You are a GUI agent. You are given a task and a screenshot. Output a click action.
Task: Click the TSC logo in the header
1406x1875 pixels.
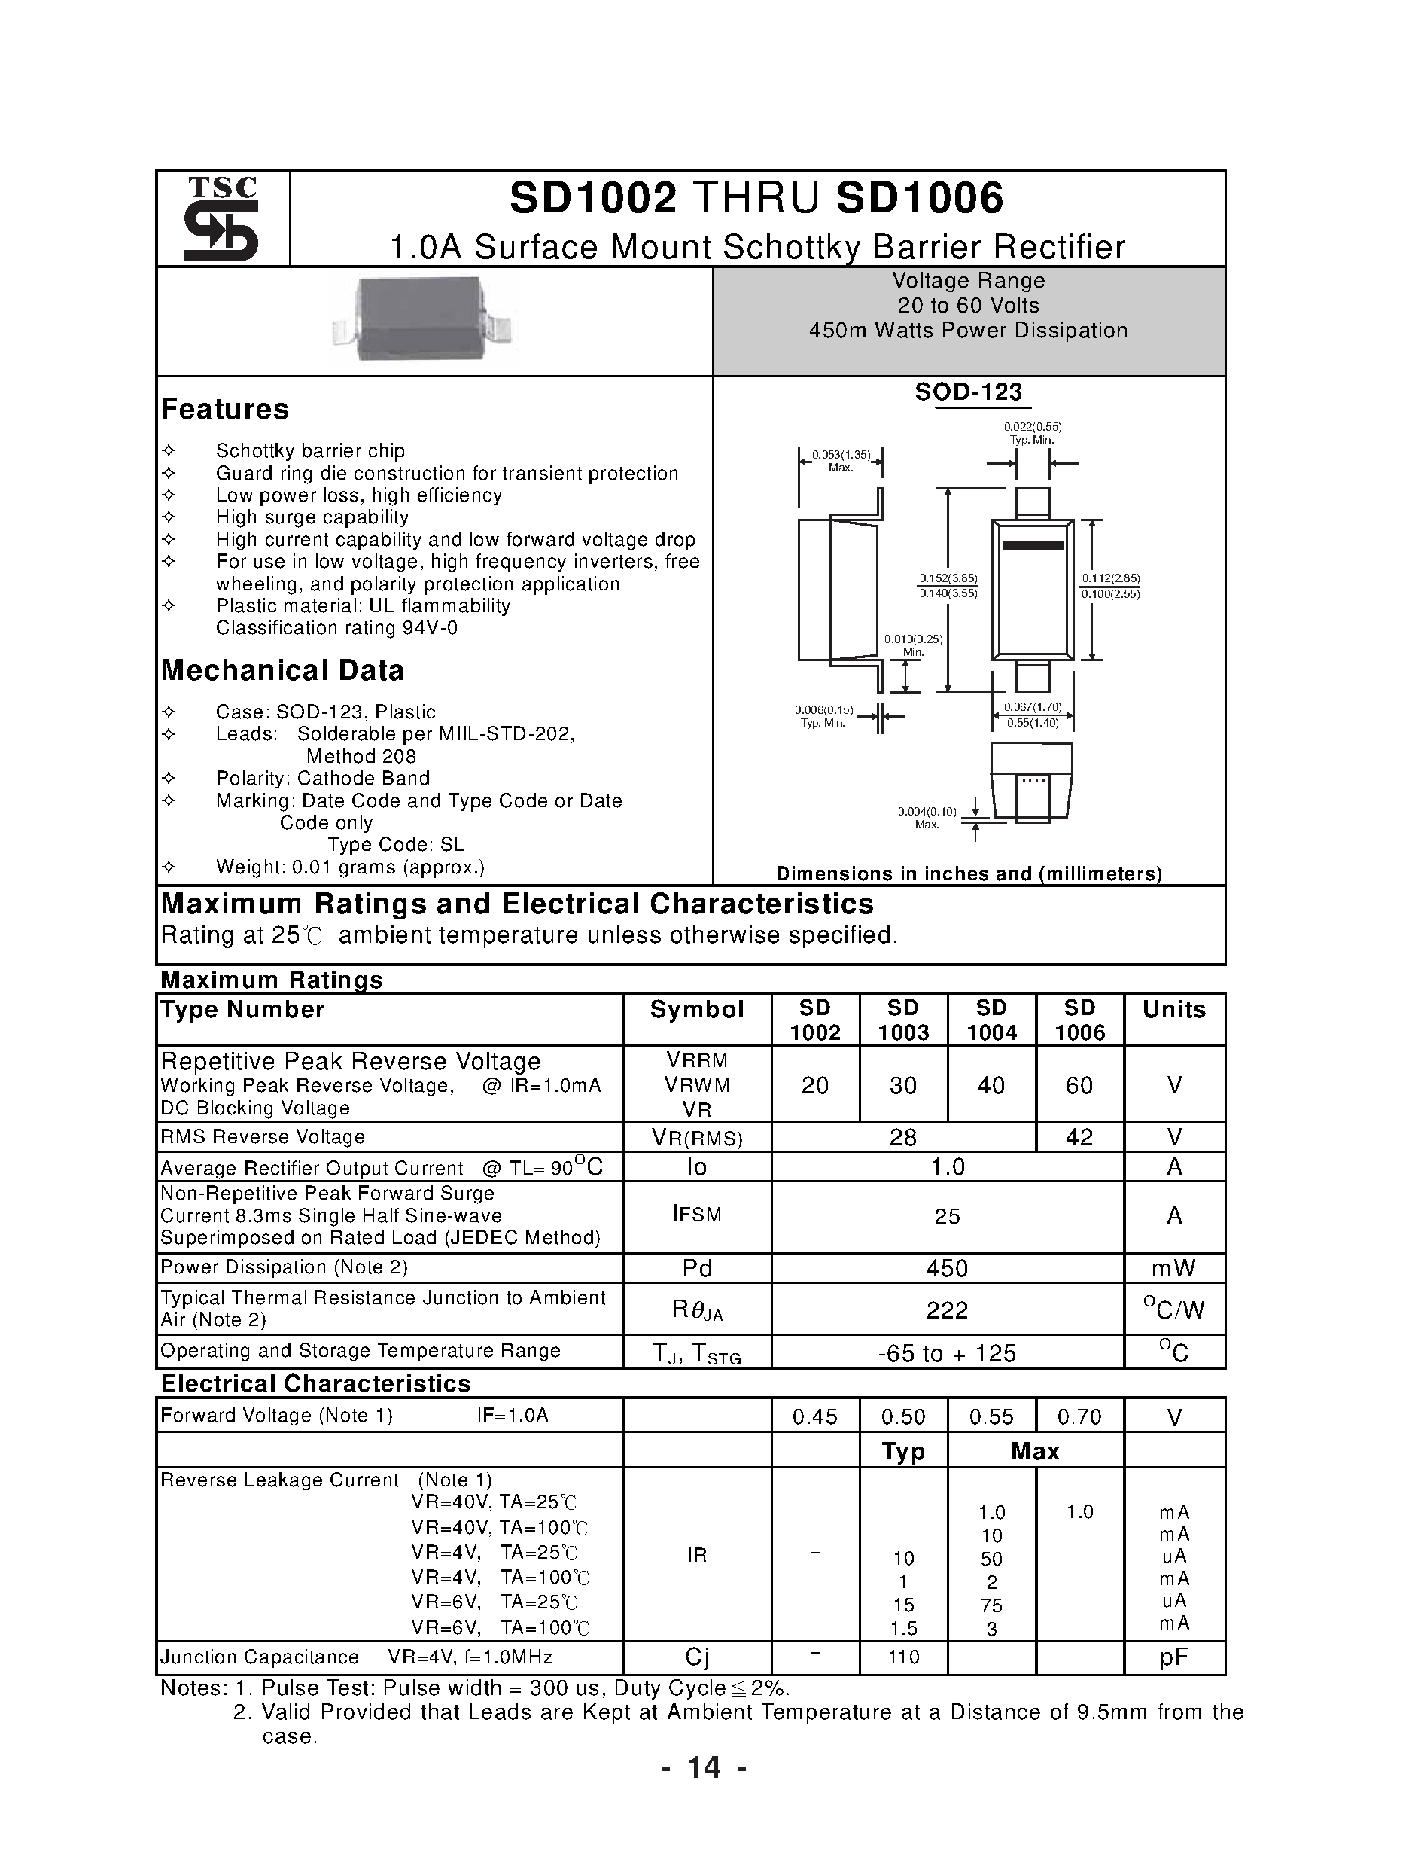pyautogui.click(x=222, y=218)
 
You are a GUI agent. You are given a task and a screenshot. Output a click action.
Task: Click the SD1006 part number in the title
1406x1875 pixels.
pyautogui.click(x=920, y=197)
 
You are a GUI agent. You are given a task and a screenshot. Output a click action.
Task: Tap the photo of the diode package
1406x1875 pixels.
pyautogui.click(x=421, y=319)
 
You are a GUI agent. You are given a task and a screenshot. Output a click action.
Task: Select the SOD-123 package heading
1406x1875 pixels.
pyautogui.click(x=969, y=392)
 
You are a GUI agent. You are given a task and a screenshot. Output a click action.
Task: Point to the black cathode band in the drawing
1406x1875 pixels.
pyautogui.click(x=1032, y=545)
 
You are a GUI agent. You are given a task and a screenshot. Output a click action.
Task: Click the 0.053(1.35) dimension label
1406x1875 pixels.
pyautogui.click(x=841, y=455)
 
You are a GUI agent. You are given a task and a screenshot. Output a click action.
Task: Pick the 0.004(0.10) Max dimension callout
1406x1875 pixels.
pyautogui.click(x=927, y=817)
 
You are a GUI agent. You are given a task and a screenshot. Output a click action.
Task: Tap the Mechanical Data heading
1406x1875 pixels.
pyautogui.click(x=282, y=670)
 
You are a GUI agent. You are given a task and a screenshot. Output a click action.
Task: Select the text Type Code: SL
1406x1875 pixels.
pyautogui.click(x=396, y=844)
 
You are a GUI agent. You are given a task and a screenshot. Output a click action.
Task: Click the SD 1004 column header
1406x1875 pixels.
pyautogui.click(x=991, y=1020)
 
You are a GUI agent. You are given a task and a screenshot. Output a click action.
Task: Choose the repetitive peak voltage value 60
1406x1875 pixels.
pyautogui.click(x=1079, y=1085)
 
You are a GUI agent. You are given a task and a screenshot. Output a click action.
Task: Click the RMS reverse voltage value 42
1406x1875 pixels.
pyautogui.click(x=1079, y=1137)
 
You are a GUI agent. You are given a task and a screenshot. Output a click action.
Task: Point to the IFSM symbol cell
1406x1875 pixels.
pyautogui.click(x=697, y=1215)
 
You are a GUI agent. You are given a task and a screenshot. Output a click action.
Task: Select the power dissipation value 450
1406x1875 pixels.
pyautogui.click(x=947, y=1268)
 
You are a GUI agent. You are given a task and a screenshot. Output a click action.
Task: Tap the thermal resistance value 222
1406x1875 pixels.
pyautogui.click(x=947, y=1309)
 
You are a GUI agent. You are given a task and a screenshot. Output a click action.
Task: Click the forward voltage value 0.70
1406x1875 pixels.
pyautogui.click(x=1079, y=1416)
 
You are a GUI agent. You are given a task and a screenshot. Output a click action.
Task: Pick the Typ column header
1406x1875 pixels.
pyautogui.click(x=902, y=1451)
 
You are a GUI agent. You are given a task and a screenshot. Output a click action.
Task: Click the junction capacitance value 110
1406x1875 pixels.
pyautogui.click(x=903, y=1657)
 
